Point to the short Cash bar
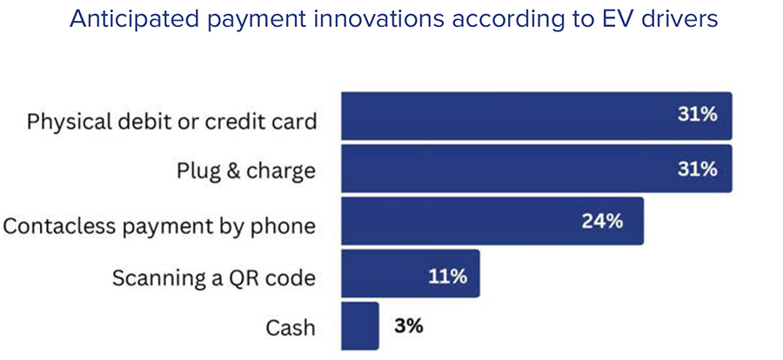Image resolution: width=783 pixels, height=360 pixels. click(x=359, y=326)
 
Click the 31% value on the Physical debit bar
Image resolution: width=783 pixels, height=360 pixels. click(x=697, y=116)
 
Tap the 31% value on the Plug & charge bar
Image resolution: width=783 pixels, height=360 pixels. click(x=697, y=169)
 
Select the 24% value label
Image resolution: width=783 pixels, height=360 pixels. click(x=602, y=221)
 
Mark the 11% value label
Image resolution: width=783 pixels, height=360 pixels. click(x=447, y=277)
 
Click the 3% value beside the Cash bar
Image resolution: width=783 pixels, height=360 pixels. click(x=408, y=326)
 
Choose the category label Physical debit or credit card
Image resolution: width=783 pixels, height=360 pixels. click(x=171, y=121)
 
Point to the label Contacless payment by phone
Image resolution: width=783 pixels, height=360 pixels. click(x=158, y=226)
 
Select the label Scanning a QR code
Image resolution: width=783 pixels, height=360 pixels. click(x=214, y=278)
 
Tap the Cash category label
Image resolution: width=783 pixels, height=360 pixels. click(x=291, y=329)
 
